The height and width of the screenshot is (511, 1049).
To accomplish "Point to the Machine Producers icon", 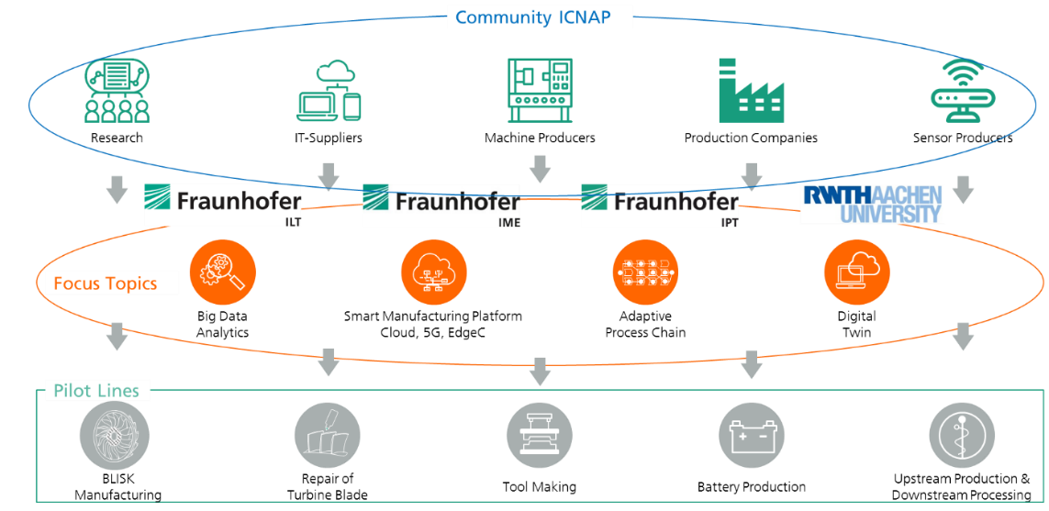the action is [x=540, y=90].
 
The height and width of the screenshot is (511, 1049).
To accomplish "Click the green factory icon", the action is [x=751, y=90].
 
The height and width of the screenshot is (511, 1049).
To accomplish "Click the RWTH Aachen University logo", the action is [x=872, y=204].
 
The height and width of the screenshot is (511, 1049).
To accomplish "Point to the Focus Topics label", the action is [x=105, y=283].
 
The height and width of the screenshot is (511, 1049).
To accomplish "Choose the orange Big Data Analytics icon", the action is [x=223, y=272].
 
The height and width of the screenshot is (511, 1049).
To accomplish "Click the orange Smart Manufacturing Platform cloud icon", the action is [x=433, y=272].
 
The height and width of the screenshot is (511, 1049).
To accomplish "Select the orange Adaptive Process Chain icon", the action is [x=645, y=272].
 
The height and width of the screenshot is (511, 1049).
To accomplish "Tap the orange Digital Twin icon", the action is [x=857, y=272].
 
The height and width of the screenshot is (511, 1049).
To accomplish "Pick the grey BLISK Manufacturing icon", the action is [x=115, y=436].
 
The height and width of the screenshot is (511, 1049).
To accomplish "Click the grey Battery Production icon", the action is [x=752, y=436].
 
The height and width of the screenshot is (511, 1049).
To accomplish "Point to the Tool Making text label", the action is [x=540, y=486].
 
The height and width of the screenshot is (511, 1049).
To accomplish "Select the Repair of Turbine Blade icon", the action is [x=328, y=436].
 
